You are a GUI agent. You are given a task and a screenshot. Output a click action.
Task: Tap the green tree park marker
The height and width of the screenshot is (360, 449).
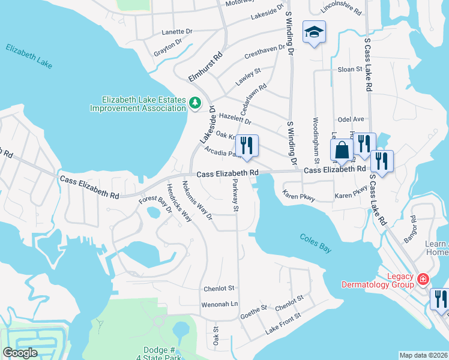pos(194,103)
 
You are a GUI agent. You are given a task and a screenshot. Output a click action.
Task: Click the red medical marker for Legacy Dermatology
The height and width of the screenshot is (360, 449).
pos(423,280)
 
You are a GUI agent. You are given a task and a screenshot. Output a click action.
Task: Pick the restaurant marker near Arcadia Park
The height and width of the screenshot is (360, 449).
pos(246,145)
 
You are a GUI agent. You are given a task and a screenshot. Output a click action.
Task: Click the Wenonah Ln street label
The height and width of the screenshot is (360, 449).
pos(221,304)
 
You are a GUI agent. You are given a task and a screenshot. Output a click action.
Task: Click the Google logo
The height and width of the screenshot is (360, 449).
pos(20,352)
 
